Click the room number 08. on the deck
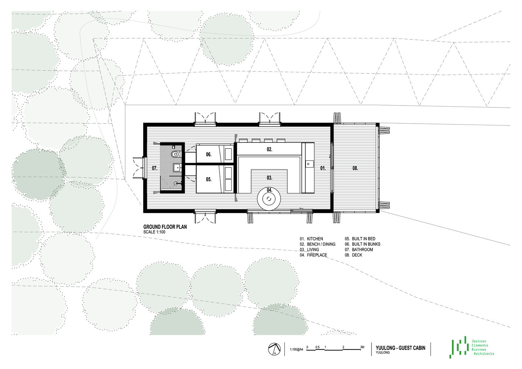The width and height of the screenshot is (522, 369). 355,168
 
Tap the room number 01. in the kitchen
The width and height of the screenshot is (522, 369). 323,168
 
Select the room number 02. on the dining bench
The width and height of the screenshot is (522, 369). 269,149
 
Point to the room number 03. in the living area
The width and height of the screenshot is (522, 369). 269,178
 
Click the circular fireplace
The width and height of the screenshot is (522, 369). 269,199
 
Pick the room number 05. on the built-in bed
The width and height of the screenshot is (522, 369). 208,179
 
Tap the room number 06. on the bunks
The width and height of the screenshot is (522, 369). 208,154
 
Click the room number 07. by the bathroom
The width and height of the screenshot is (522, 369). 155,168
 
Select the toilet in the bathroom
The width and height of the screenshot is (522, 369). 176,154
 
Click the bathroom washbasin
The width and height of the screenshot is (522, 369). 177,167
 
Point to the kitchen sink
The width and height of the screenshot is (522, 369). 308,164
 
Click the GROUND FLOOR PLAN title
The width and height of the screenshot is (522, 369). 165,227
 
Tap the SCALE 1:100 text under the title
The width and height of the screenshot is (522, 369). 154,232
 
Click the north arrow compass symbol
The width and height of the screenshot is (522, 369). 274,349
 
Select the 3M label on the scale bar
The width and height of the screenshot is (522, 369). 362,347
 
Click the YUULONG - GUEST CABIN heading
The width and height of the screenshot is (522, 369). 400,348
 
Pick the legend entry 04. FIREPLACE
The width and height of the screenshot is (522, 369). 314,255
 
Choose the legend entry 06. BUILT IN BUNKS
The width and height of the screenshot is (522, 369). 363,244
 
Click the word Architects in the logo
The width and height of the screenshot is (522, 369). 484,354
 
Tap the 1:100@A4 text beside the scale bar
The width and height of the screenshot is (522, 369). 297,349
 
